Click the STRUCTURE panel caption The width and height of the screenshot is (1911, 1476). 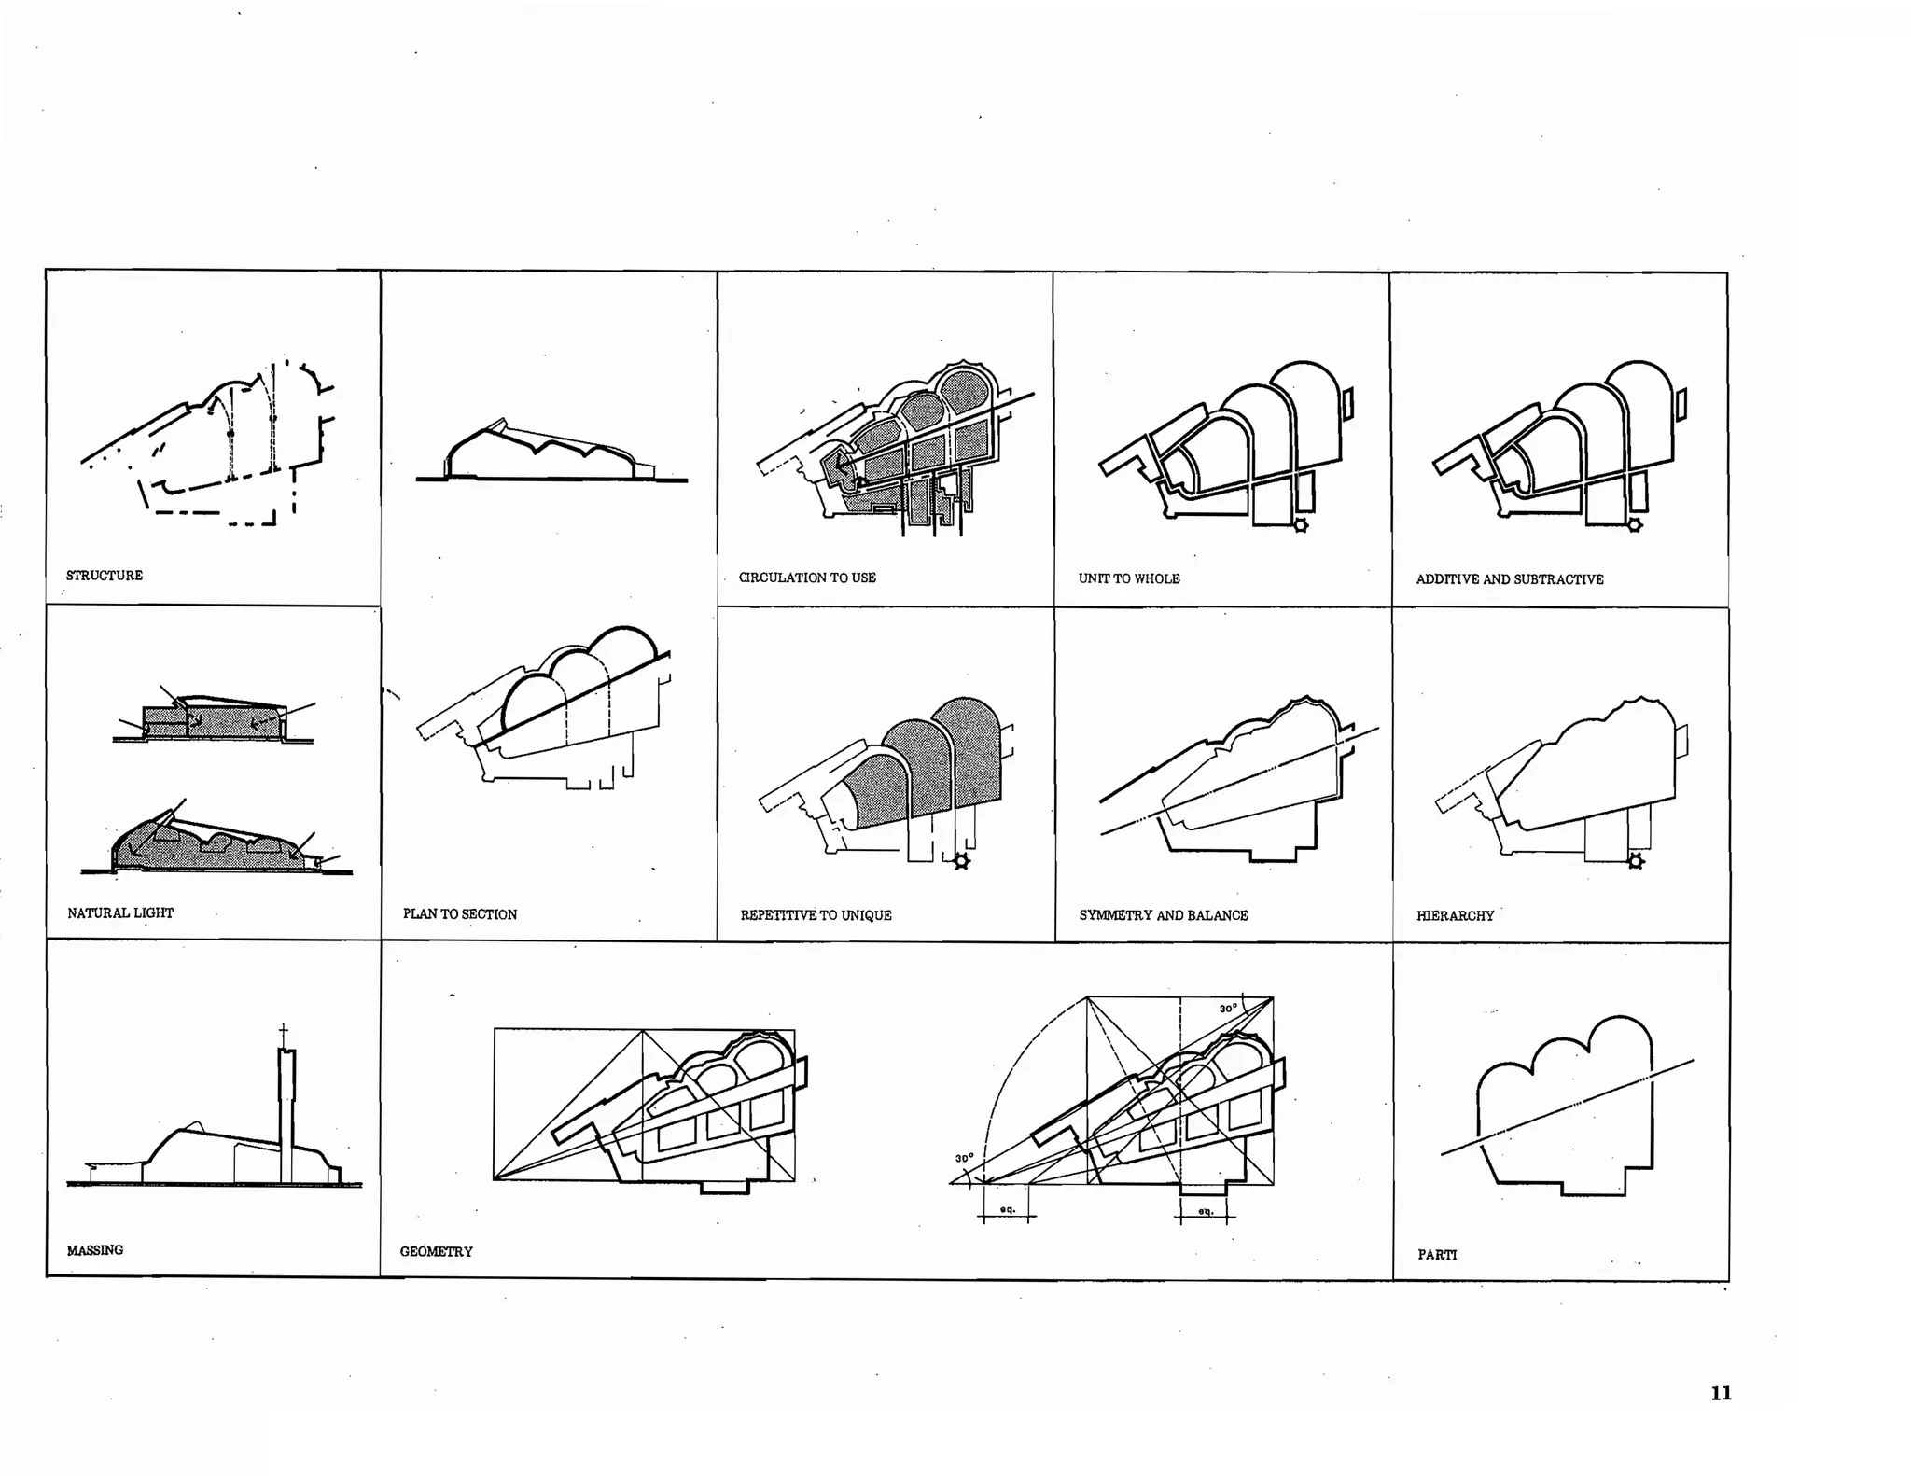[x=105, y=576]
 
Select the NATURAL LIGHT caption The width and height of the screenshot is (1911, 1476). [x=120, y=913]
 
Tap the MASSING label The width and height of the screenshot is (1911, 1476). [x=95, y=1250]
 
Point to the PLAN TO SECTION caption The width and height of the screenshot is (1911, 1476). [x=460, y=914]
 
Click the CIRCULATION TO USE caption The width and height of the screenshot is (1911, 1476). [x=807, y=578]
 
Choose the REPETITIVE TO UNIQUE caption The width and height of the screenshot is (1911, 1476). [x=816, y=915]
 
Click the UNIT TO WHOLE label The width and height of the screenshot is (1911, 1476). [x=1129, y=578]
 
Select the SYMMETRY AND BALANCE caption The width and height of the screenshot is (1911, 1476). [x=1164, y=915]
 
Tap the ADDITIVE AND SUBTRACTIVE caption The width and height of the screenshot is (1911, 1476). [x=1509, y=579]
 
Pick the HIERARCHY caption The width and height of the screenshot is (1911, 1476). [x=1455, y=916]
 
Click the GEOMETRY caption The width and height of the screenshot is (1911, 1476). [x=436, y=1251]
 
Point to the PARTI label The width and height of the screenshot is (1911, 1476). [x=1437, y=1255]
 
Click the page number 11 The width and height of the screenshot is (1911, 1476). [x=1721, y=1393]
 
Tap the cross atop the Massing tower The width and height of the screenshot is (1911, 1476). [x=284, y=1032]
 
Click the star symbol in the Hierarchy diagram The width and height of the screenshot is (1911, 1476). [x=1635, y=861]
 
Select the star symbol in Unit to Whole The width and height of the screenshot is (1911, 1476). [x=1300, y=525]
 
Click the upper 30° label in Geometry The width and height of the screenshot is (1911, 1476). [x=1228, y=1009]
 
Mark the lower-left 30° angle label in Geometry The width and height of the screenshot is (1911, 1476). [x=964, y=1158]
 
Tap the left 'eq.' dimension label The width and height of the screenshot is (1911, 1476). [x=1007, y=1209]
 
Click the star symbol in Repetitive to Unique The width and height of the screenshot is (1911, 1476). [x=961, y=861]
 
